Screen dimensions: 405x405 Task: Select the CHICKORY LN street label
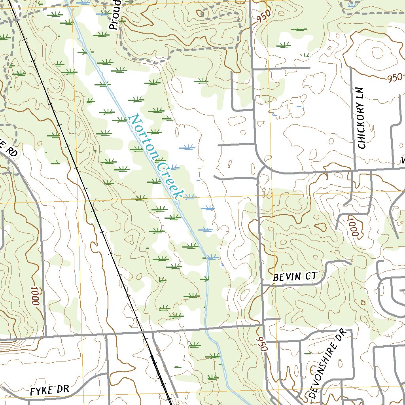pos(362,118)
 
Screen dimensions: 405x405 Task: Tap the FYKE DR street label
pos(49,390)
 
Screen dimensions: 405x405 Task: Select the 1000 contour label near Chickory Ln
pos(352,227)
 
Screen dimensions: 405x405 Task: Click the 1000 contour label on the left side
pos(35,296)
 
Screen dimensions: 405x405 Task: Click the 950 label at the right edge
pos(395,78)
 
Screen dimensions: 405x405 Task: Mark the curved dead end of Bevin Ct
pos(348,262)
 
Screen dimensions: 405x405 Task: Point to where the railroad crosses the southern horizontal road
pos(143,333)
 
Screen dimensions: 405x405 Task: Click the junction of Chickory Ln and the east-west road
pos(354,170)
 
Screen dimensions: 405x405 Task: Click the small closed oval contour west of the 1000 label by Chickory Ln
pos(320,227)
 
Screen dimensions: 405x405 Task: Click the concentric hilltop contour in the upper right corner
pos(376,53)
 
